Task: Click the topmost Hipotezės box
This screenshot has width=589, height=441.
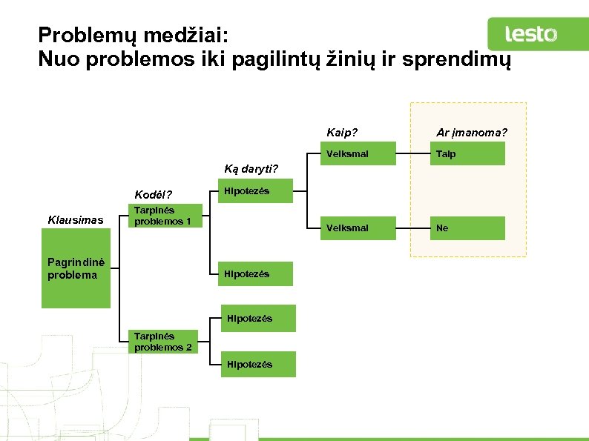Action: (x=255, y=192)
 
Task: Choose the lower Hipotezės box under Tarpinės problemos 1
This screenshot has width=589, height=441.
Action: (x=255, y=273)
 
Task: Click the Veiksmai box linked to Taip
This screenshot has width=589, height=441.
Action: (x=357, y=153)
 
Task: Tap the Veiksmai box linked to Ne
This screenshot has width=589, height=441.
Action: (x=357, y=228)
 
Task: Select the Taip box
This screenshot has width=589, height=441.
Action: (x=470, y=153)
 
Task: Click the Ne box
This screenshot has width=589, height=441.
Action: (x=470, y=228)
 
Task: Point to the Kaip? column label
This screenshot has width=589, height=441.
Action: (x=342, y=133)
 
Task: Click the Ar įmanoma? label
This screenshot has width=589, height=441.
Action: (x=472, y=133)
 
